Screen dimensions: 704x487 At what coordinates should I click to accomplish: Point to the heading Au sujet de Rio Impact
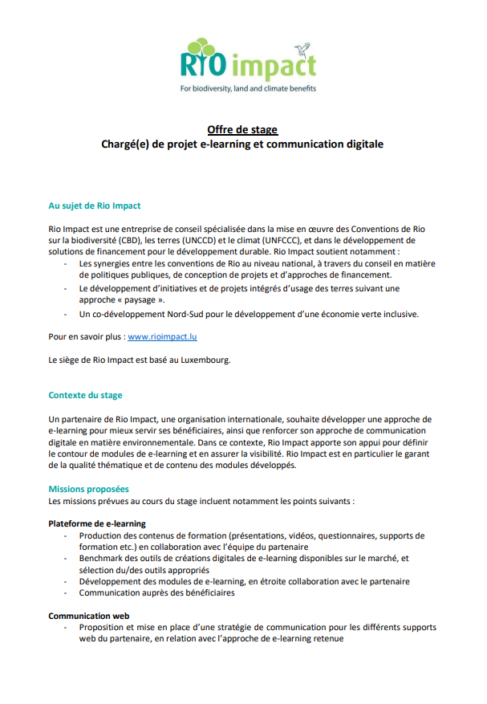(x=95, y=206)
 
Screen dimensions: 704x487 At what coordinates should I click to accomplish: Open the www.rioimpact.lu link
(x=163, y=337)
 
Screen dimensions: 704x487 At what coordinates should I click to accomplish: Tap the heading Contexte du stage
(x=86, y=396)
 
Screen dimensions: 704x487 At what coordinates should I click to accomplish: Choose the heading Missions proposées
(x=88, y=489)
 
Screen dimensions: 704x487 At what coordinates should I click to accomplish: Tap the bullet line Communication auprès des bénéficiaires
(x=156, y=593)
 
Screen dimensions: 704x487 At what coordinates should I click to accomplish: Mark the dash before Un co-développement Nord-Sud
(x=65, y=313)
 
